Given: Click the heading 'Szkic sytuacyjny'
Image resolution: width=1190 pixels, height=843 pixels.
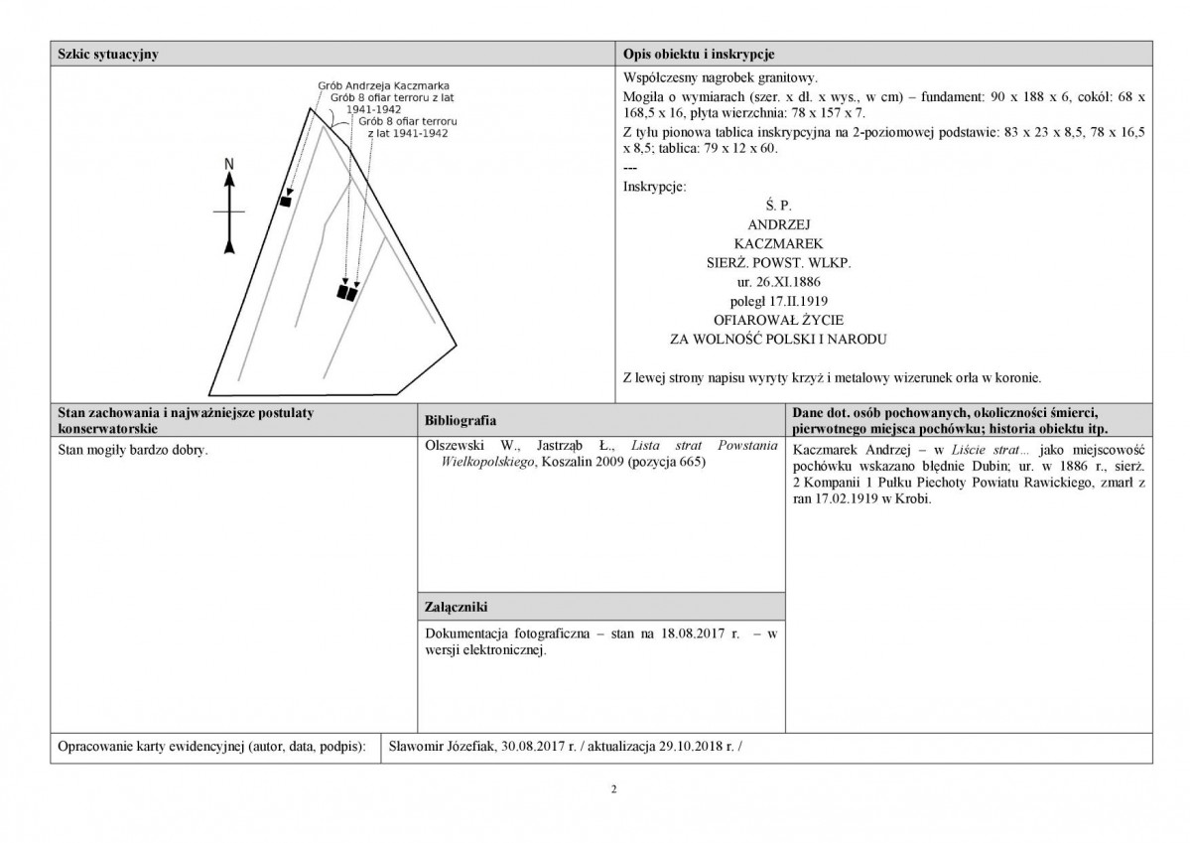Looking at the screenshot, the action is coord(108,54).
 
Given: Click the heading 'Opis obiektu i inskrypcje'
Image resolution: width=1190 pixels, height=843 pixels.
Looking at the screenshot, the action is coord(698,54).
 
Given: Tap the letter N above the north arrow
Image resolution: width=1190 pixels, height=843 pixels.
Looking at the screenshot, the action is coord(229,164).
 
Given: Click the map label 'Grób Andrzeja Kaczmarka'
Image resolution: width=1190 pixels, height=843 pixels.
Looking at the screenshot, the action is coord(383,85).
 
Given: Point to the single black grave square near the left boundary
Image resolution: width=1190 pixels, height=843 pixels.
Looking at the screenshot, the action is coord(286,202).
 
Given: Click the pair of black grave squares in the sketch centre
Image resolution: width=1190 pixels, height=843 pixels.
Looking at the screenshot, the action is coord(347,292).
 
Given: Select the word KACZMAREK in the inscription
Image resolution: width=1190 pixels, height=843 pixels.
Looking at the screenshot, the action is coord(779,244).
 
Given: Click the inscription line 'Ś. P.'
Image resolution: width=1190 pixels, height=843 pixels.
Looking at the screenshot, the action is coord(779,206).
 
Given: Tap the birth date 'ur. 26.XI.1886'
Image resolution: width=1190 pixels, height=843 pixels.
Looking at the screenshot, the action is coord(779,282).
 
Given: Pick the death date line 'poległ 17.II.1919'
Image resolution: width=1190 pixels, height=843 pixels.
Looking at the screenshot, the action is coord(779,302).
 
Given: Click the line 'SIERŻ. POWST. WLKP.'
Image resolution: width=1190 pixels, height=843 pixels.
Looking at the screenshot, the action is coord(779,263).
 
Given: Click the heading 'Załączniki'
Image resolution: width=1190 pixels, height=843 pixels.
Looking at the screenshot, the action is coord(457,607).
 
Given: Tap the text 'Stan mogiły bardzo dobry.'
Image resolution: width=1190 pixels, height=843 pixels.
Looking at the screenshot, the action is coord(133,450).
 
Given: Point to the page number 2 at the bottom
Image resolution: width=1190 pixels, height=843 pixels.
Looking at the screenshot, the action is coord(614,789).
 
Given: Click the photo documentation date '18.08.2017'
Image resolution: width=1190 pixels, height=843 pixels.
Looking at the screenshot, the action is coord(693,633).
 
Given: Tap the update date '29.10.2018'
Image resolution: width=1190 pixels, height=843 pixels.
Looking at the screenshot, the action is coord(690,746).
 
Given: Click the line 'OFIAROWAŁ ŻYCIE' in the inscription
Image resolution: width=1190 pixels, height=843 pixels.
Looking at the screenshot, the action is coord(779,321).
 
